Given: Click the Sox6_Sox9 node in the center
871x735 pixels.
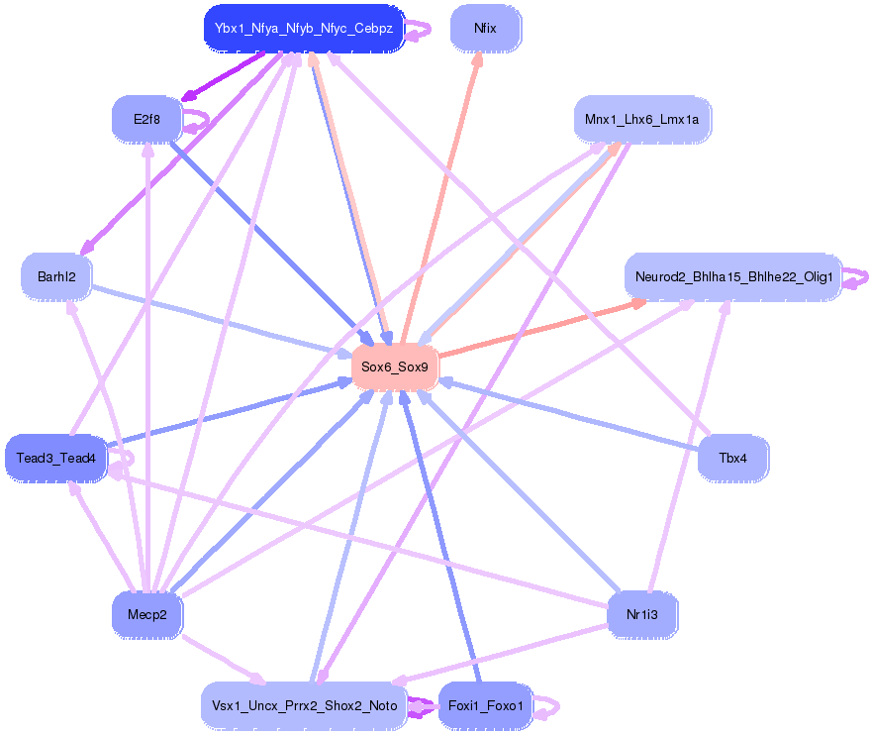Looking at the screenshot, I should [x=395, y=367].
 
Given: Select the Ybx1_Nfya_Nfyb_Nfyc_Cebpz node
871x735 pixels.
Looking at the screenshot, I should [x=304, y=28].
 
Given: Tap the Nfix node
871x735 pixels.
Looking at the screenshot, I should [x=485, y=28].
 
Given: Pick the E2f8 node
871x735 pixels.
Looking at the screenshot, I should [x=146, y=121].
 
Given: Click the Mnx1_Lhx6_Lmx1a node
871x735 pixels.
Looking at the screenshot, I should [x=641, y=120].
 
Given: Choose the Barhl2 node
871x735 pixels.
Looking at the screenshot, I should [x=56, y=276].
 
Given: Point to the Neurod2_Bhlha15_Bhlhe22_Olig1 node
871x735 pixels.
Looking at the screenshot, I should [x=732, y=276].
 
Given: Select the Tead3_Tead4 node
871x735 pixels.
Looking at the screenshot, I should [x=55, y=458].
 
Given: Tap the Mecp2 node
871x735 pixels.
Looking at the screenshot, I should [x=146, y=615].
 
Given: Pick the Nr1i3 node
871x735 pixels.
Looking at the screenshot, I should [x=641, y=615].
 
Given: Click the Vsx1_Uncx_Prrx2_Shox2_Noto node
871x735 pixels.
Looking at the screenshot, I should [x=304, y=706].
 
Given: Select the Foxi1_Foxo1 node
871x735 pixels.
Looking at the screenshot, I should [x=485, y=706].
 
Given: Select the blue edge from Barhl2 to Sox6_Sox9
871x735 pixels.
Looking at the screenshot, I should [x=218, y=320].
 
